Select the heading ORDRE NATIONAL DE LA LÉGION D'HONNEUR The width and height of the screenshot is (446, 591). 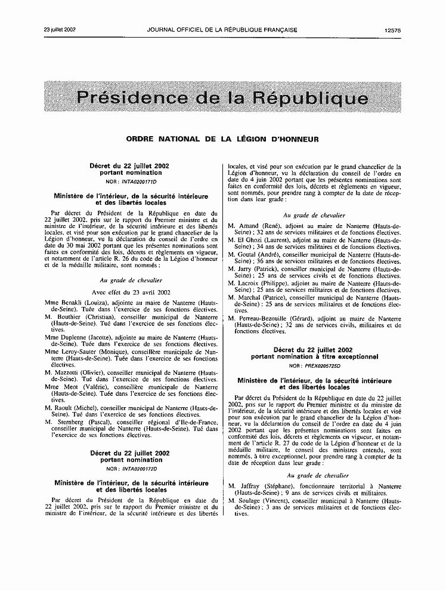(222, 139)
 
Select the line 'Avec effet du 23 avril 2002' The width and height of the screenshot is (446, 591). (131, 293)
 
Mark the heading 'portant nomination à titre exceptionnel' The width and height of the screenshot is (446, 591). (314, 357)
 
